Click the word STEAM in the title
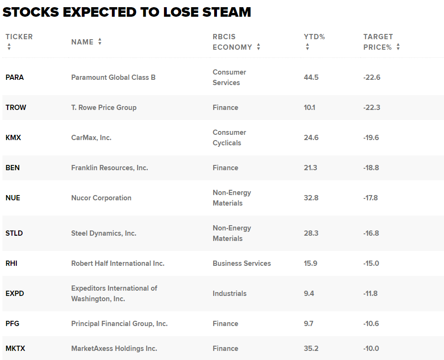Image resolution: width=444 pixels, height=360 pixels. click(x=227, y=12)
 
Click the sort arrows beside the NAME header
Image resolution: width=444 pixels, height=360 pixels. click(x=100, y=42)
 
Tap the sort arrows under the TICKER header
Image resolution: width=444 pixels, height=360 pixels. click(x=9, y=47)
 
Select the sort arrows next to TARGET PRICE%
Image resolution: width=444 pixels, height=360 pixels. click(x=398, y=47)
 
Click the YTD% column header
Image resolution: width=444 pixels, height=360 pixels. click(x=314, y=37)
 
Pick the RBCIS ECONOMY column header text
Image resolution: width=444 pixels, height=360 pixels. click(x=232, y=42)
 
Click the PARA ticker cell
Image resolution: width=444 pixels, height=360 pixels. click(x=15, y=77)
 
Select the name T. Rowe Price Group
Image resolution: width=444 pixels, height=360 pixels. click(x=104, y=108)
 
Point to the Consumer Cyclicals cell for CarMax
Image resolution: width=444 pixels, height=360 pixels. click(x=229, y=138)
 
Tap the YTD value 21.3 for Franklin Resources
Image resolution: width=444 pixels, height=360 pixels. click(x=310, y=168)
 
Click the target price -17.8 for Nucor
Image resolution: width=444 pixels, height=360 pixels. click(x=370, y=198)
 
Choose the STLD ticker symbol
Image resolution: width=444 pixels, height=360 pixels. click(x=14, y=233)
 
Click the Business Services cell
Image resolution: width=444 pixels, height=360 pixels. click(x=242, y=263)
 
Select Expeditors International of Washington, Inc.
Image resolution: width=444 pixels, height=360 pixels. click(x=114, y=294)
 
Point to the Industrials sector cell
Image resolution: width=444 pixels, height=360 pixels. click(x=229, y=294)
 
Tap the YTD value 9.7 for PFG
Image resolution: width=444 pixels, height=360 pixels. click(x=309, y=324)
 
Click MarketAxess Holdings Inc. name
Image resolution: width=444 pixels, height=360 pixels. click(x=114, y=349)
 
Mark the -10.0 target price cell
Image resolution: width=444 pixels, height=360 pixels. click(x=371, y=349)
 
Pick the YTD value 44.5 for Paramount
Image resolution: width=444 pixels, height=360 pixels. click(x=311, y=77)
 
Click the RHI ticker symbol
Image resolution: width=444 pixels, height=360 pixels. click(x=11, y=263)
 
